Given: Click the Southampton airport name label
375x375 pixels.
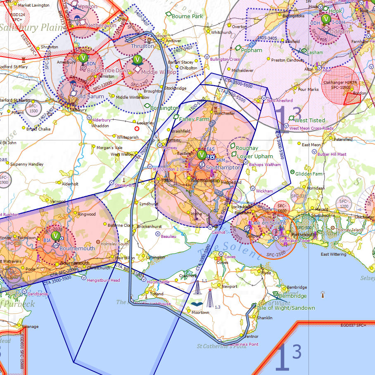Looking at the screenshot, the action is click(x=223, y=168).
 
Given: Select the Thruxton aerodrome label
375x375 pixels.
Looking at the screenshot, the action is click(x=142, y=46).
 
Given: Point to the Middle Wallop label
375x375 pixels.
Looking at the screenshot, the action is click(x=159, y=72).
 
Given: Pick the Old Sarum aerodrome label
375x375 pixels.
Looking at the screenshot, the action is click(x=90, y=97).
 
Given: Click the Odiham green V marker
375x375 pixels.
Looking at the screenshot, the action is click(x=326, y=18).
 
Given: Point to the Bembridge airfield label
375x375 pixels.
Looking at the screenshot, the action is click(x=292, y=296).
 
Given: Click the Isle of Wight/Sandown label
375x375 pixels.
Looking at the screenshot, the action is click(x=286, y=308).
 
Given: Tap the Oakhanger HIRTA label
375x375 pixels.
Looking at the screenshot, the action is click(x=340, y=83).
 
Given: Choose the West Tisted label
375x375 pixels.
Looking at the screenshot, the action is click(x=310, y=120).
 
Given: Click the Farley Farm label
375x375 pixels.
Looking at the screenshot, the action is click(x=194, y=119).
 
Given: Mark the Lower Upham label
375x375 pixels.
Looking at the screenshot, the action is click(x=255, y=157).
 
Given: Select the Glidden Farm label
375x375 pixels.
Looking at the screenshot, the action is click(x=309, y=174).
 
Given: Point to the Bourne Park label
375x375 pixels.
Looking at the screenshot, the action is click(x=187, y=17).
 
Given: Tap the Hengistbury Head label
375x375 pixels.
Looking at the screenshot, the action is click(x=103, y=280).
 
